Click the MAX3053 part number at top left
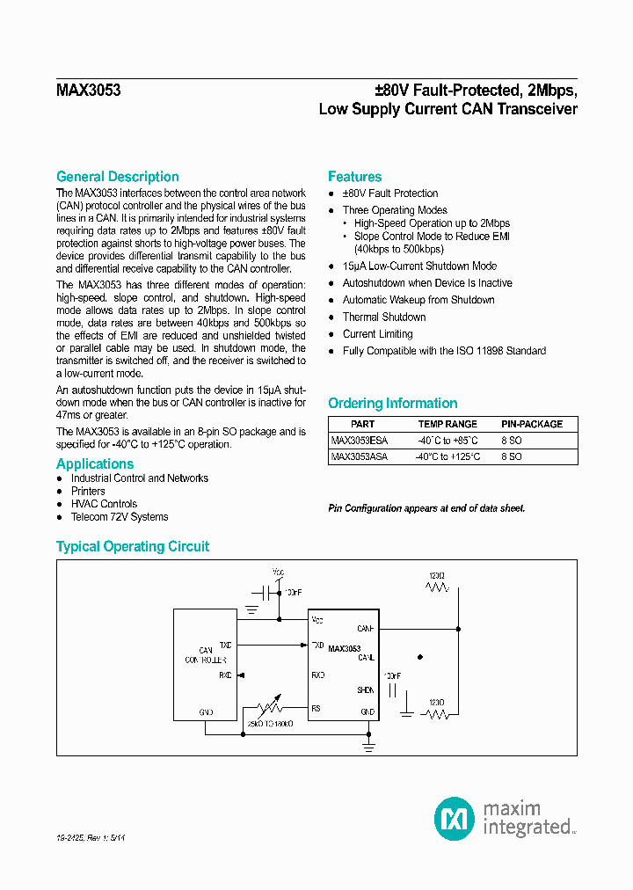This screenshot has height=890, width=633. pyautogui.click(x=89, y=91)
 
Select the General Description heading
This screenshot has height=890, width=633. pyautogui.click(x=117, y=177)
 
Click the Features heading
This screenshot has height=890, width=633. pyautogui.click(x=354, y=177)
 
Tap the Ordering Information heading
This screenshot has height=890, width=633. pyautogui.click(x=392, y=404)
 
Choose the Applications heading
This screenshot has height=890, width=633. pyautogui.click(x=95, y=464)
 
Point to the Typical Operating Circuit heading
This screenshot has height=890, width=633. pyautogui.click(x=133, y=547)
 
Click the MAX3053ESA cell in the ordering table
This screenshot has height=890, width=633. pyautogui.click(x=359, y=441)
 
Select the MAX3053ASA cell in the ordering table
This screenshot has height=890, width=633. pyautogui.click(x=359, y=457)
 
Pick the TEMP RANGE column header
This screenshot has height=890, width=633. pyautogui.click(x=448, y=424)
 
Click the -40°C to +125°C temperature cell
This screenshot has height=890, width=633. pyautogui.click(x=448, y=457)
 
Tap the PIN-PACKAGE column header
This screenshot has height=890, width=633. pyautogui.click(x=532, y=424)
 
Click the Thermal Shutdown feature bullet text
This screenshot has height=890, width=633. pyautogui.click(x=384, y=317)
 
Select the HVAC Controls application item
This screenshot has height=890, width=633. pyautogui.click(x=104, y=504)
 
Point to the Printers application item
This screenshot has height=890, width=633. pyautogui.click(x=88, y=492)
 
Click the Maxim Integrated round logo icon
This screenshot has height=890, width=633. pyautogui.click(x=455, y=818)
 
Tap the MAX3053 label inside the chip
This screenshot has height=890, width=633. pyautogui.click(x=344, y=648)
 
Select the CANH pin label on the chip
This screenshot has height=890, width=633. pyautogui.click(x=366, y=629)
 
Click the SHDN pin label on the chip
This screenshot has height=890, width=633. pyautogui.click(x=366, y=690)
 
